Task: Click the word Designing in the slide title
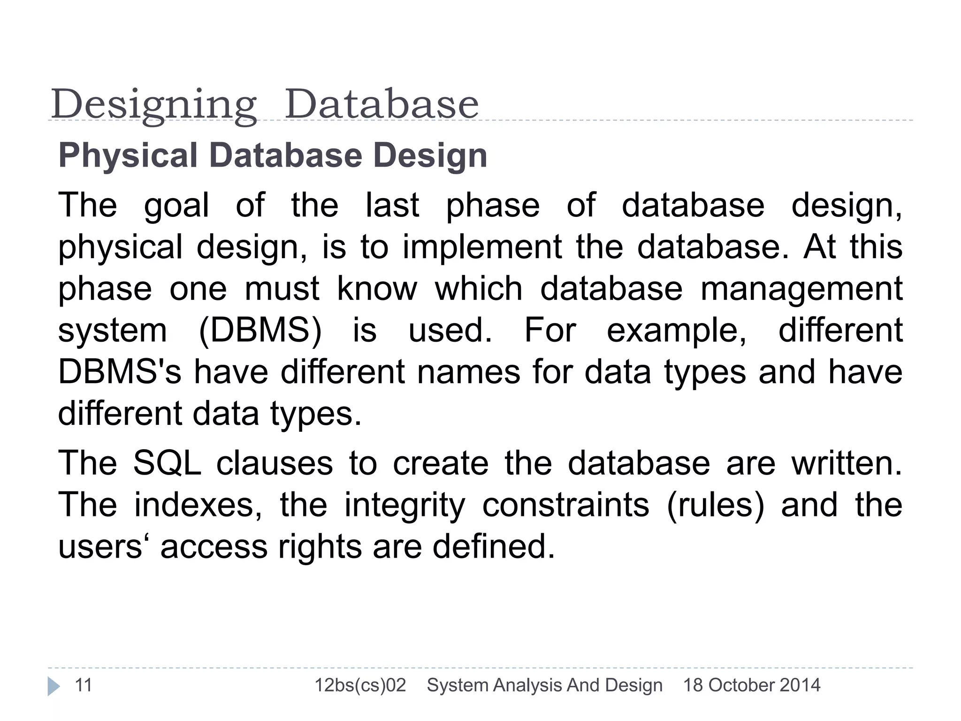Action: (154, 105)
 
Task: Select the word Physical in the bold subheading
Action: (128, 155)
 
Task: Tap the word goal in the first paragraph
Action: (176, 206)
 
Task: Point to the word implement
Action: (482, 247)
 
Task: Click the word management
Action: (801, 289)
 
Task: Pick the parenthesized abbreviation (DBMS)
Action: (260, 330)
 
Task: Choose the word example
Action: (676, 331)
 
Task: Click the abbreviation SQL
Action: (167, 463)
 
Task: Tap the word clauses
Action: (275, 463)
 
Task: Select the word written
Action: (846, 463)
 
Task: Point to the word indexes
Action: (198, 505)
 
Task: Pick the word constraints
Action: (566, 505)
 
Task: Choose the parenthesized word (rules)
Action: (715, 505)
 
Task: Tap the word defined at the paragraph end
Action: (493, 546)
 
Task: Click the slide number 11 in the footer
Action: (84, 685)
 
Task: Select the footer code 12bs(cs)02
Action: (360, 685)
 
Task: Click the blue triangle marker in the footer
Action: (53, 686)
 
